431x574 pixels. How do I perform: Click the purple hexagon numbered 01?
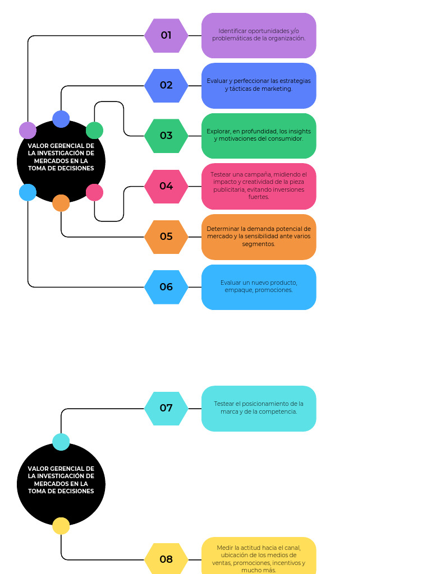[166, 35]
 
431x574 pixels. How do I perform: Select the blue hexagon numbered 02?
[166, 86]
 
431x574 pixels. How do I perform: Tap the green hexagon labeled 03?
[166, 136]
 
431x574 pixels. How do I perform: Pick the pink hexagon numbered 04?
[166, 186]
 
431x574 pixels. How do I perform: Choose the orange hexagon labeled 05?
[166, 237]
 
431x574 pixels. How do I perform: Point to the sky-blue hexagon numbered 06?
[166, 287]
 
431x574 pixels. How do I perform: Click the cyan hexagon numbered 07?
[166, 408]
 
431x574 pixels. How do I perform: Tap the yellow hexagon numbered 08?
[166, 559]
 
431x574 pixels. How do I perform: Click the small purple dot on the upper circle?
[27, 130]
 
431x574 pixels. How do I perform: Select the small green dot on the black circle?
[94, 130]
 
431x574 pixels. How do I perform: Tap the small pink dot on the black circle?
[94, 192]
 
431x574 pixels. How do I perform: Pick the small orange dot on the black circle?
[61, 203]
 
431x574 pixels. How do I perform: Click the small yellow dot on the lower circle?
[61, 526]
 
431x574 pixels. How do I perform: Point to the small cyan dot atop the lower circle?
[61, 442]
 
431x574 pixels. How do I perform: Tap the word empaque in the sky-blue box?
[239, 290]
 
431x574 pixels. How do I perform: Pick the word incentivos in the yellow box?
[286, 563]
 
